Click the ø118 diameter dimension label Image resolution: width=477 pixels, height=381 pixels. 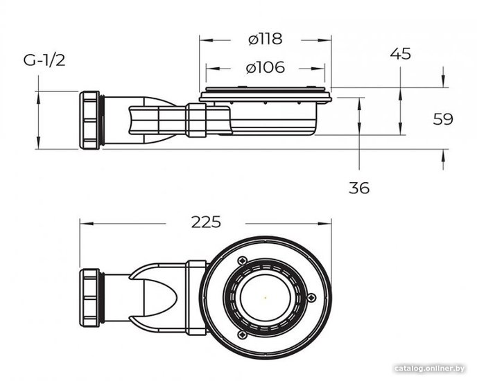pos(266,39)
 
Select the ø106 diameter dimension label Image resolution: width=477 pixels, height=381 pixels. pos(266,67)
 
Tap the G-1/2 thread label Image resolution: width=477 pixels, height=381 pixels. pos(44,60)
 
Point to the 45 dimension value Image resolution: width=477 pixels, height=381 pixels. pos(400,54)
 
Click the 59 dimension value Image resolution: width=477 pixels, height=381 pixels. pos(443,119)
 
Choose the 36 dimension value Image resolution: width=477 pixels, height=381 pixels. pos(359,188)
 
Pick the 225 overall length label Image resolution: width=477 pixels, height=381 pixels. pos(206,222)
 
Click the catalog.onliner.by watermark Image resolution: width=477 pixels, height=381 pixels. pos(430,369)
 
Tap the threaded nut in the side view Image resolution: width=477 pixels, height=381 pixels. pos(89,120)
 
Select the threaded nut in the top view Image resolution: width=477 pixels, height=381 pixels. pos(89,298)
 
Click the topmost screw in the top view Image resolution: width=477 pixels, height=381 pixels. pos(242,260)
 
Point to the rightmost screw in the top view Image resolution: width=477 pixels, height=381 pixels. pos(311,298)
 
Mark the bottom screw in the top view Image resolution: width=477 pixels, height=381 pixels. pos(242,335)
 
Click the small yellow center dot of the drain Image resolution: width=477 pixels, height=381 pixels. pos(266,298)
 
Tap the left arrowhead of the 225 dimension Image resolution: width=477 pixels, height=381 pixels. pos(86,224)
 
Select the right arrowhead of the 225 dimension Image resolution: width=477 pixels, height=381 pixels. pos(324,224)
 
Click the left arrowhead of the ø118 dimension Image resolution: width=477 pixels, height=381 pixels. pos(206,40)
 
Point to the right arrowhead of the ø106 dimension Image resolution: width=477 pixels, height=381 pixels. pos(318,69)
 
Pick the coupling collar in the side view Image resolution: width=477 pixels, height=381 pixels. pos(196,120)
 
